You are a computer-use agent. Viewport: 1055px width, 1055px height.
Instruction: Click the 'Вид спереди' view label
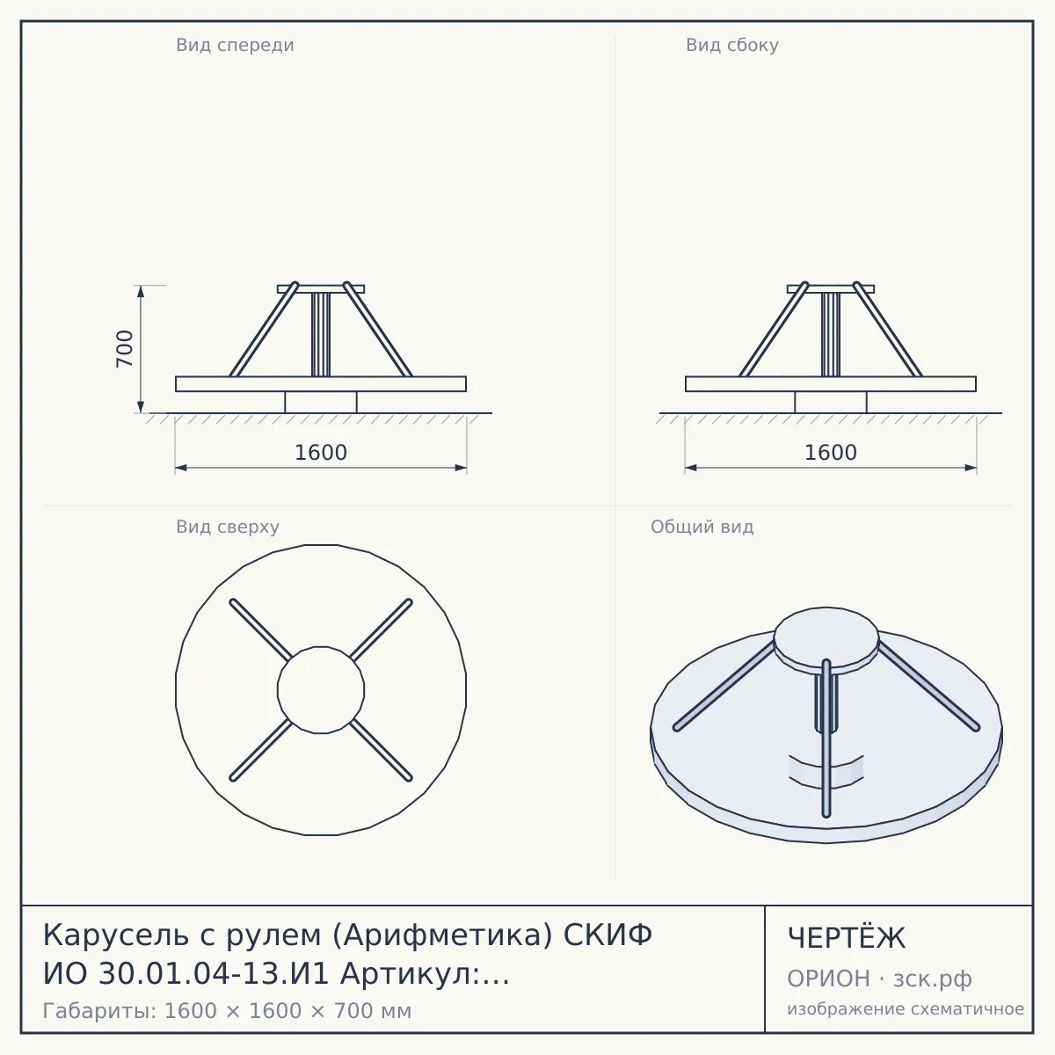click(235, 45)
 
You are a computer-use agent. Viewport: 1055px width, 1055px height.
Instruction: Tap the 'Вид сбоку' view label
click(732, 45)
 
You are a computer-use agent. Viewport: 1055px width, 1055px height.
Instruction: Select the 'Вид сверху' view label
click(228, 527)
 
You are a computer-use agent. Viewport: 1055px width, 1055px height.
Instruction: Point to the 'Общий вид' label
click(702, 527)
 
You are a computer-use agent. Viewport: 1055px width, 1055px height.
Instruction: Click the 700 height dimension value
click(125, 349)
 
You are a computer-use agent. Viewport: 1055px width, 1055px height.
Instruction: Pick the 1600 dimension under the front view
click(321, 453)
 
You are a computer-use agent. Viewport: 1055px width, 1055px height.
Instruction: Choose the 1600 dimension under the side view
click(831, 453)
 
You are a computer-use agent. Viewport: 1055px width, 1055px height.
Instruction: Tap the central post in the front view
click(321, 334)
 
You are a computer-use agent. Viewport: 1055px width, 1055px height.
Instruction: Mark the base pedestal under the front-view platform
click(321, 402)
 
